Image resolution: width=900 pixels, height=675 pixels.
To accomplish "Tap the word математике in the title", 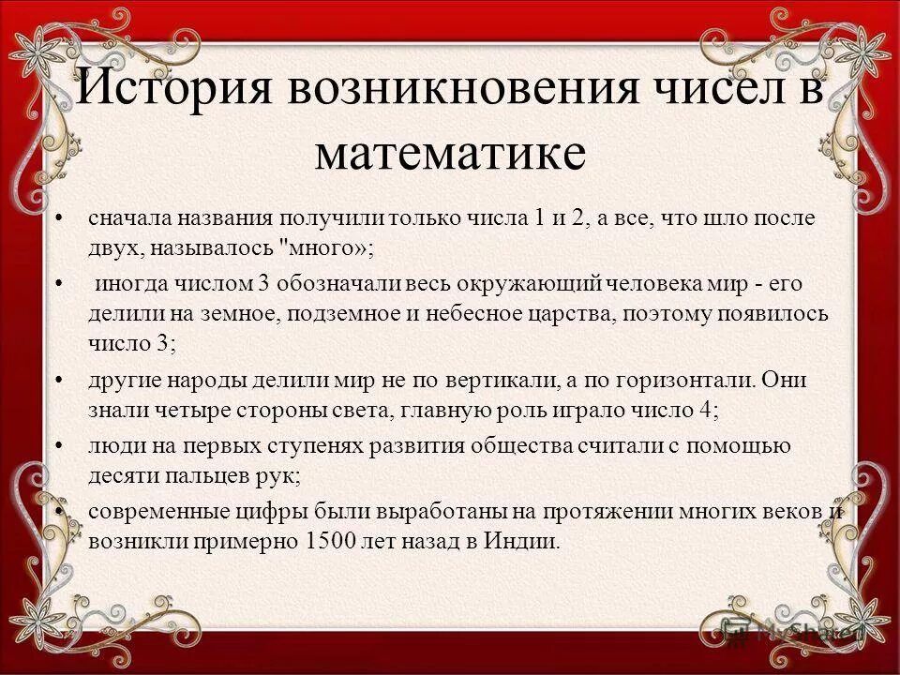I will (x=450, y=153).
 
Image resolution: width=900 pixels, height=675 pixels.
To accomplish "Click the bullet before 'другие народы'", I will (x=61, y=382).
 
